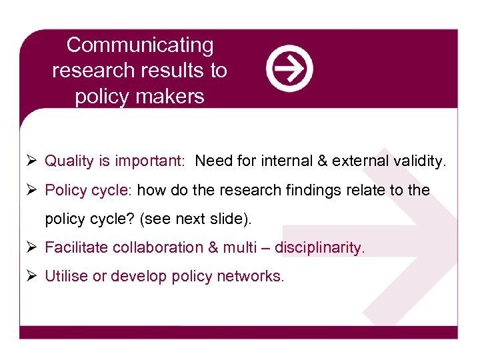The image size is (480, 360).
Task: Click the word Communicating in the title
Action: point(140,45)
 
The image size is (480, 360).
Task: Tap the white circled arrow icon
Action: point(289,69)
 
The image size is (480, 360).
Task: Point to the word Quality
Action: point(69,161)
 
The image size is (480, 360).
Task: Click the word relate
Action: point(369,191)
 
